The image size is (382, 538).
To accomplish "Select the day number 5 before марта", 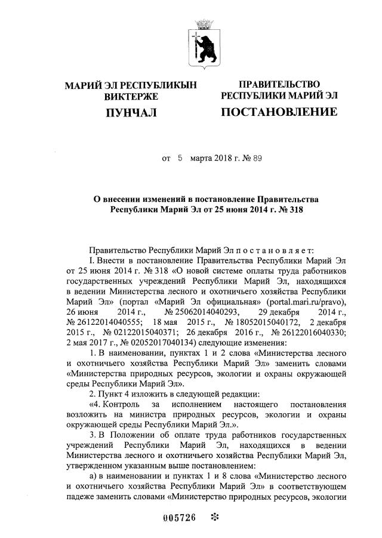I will (x=179, y=159).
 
